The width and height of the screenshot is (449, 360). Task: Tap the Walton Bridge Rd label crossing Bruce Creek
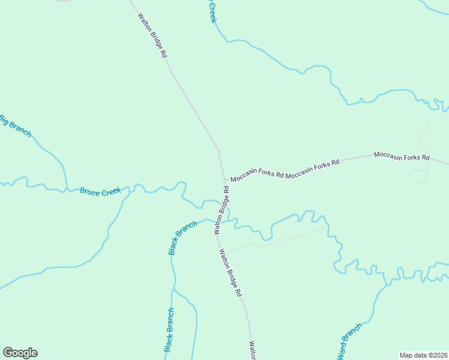[x=221, y=210]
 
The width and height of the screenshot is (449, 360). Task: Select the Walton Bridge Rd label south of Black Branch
[x=230, y=273]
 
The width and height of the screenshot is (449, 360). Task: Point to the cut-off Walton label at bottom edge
[x=253, y=350]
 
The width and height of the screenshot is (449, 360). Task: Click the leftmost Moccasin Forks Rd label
[x=257, y=173]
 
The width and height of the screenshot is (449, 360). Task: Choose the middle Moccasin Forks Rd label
[x=312, y=166]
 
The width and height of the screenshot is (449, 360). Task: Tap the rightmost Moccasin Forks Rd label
[x=402, y=157]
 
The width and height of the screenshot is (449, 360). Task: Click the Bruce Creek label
[x=100, y=191]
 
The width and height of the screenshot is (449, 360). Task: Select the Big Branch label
[x=15, y=126]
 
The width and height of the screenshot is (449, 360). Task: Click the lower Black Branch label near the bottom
[x=169, y=330]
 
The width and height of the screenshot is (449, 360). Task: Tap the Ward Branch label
[x=350, y=342]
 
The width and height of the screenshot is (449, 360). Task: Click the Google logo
[x=20, y=353]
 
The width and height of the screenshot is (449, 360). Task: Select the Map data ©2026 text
[x=423, y=355]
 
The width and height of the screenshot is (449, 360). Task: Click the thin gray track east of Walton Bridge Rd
[x=276, y=241]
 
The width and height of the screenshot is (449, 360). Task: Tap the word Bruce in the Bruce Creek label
[x=90, y=191]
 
